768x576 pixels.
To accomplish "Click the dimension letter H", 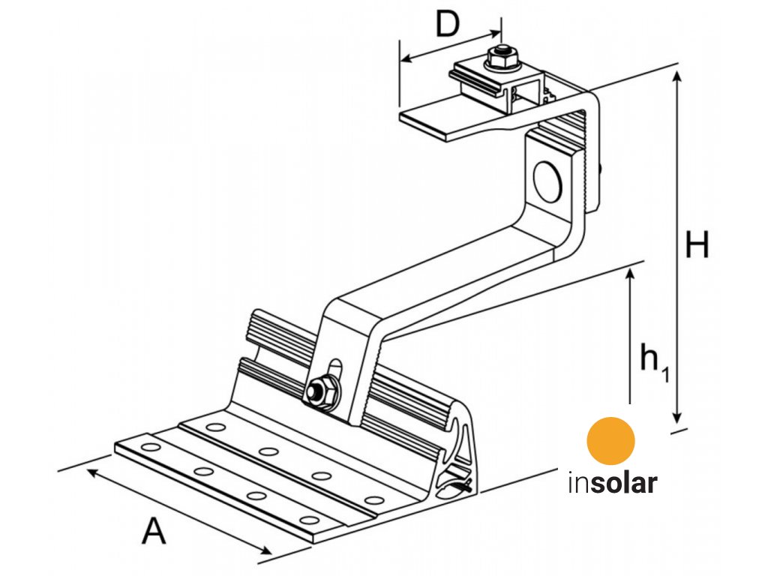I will click(697, 245).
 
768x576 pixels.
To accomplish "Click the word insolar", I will click(612, 482).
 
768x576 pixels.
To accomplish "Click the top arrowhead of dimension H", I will click(677, 76).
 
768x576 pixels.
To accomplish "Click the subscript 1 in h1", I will click(664, 370).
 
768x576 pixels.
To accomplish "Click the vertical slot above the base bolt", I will click(335, 372).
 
